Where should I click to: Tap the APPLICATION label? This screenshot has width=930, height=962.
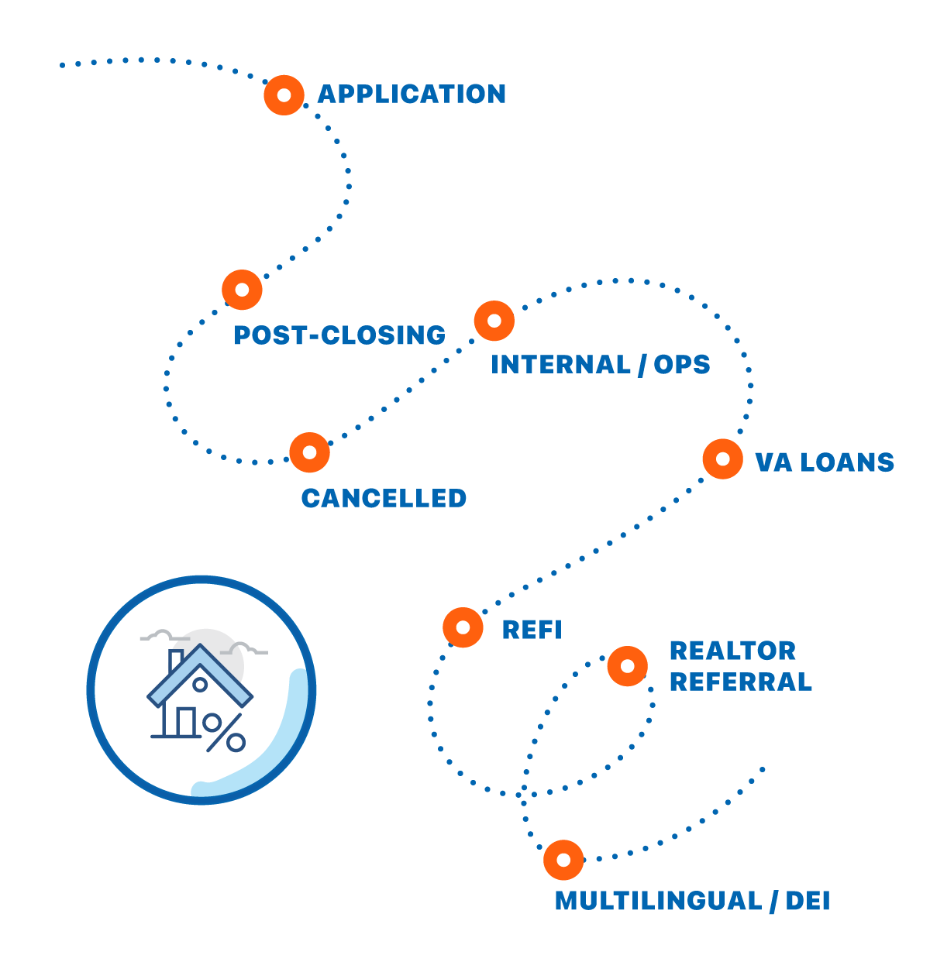click(411, 94)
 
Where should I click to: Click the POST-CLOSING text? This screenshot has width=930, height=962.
click(339, 335)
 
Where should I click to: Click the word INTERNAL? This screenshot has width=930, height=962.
click(560, 365)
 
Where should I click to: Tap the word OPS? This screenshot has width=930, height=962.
click(682, 365)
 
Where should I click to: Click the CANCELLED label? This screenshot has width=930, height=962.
click(384, 498)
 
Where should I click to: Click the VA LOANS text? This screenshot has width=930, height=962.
click(825, 462)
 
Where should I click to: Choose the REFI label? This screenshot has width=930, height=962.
click(532, 630)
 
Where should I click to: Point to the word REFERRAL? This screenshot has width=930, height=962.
click(741, 682)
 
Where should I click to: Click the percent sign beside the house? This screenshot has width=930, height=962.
click(225, 733)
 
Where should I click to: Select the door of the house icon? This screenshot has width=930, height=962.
click(186, 722)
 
